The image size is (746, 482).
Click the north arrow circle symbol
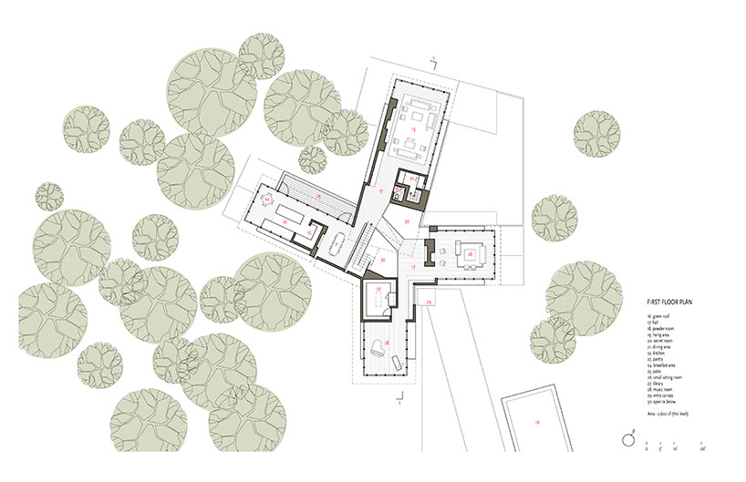(x=628, y=439)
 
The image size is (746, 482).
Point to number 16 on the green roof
(x=538, y=422)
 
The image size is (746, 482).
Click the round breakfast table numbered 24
(x=267, y=198)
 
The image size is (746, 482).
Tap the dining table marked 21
(x=337, y=242)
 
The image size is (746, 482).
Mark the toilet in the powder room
(x=399, y=194)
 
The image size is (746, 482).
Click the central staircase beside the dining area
(x=367, y=241)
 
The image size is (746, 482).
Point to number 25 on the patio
(x=317, y=196)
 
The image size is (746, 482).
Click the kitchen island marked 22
(x=285, y=220)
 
